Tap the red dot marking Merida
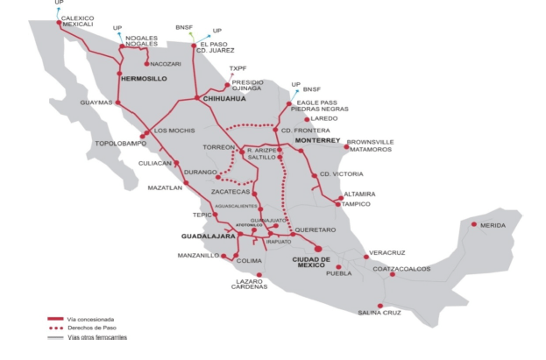coord(475,225)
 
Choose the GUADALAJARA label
coord(209,236)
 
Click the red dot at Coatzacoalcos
coord(393,275)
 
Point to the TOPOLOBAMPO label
coord(120,142)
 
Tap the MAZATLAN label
coord(165,187)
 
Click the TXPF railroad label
coord(238,67)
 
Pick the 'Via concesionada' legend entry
coord(91,319)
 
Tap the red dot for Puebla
coord(337,266)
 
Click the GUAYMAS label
coord(97,102)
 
